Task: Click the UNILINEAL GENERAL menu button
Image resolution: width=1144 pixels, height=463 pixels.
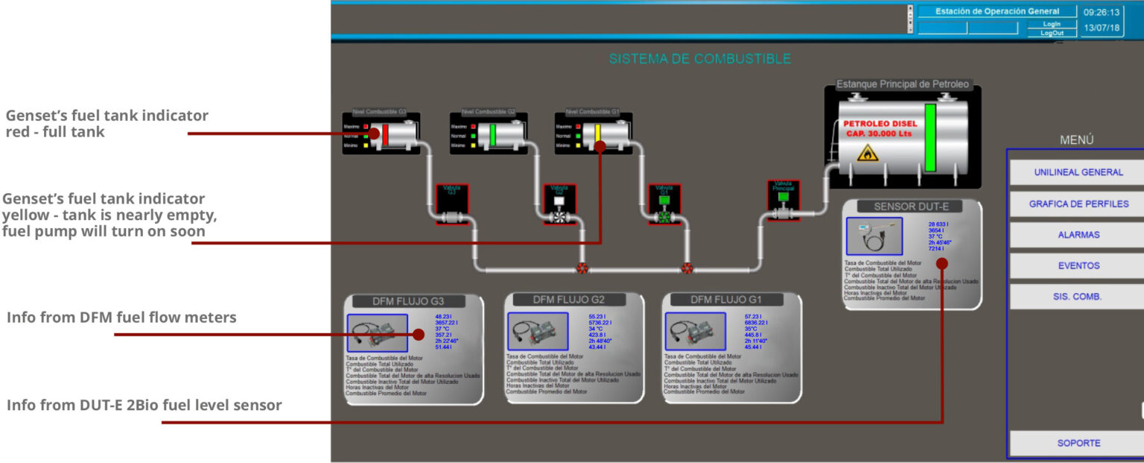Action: click(x=1078, y=172)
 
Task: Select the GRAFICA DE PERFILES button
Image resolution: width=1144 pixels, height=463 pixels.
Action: click(x=1078, y=204)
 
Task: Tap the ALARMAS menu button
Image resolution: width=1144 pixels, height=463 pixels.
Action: click(x=1078, y=235)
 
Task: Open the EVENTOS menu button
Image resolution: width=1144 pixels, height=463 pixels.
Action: click(x=1078, y=265)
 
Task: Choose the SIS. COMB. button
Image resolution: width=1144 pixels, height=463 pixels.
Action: click(x=1078, y=297)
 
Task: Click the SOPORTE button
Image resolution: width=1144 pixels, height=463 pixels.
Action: click(x=1078, y=443)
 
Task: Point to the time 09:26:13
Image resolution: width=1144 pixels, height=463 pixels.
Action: click(x=1102, y=12)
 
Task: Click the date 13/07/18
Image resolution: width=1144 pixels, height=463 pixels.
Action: click(x=1102, y=28)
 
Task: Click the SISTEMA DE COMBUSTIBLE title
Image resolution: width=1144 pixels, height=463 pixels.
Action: click(x=699, y=59)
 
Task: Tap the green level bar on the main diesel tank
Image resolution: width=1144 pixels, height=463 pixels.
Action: click(x=929, y=138)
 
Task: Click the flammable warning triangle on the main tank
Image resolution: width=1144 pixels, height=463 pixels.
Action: click(x=865, y=154)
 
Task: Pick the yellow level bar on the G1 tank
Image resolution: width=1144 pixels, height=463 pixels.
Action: click(x=597, y=135)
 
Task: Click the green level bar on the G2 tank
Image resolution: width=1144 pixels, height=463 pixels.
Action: click(x=492, y=135)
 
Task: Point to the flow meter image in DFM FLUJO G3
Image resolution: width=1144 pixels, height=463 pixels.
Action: click(x=377, y=333)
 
